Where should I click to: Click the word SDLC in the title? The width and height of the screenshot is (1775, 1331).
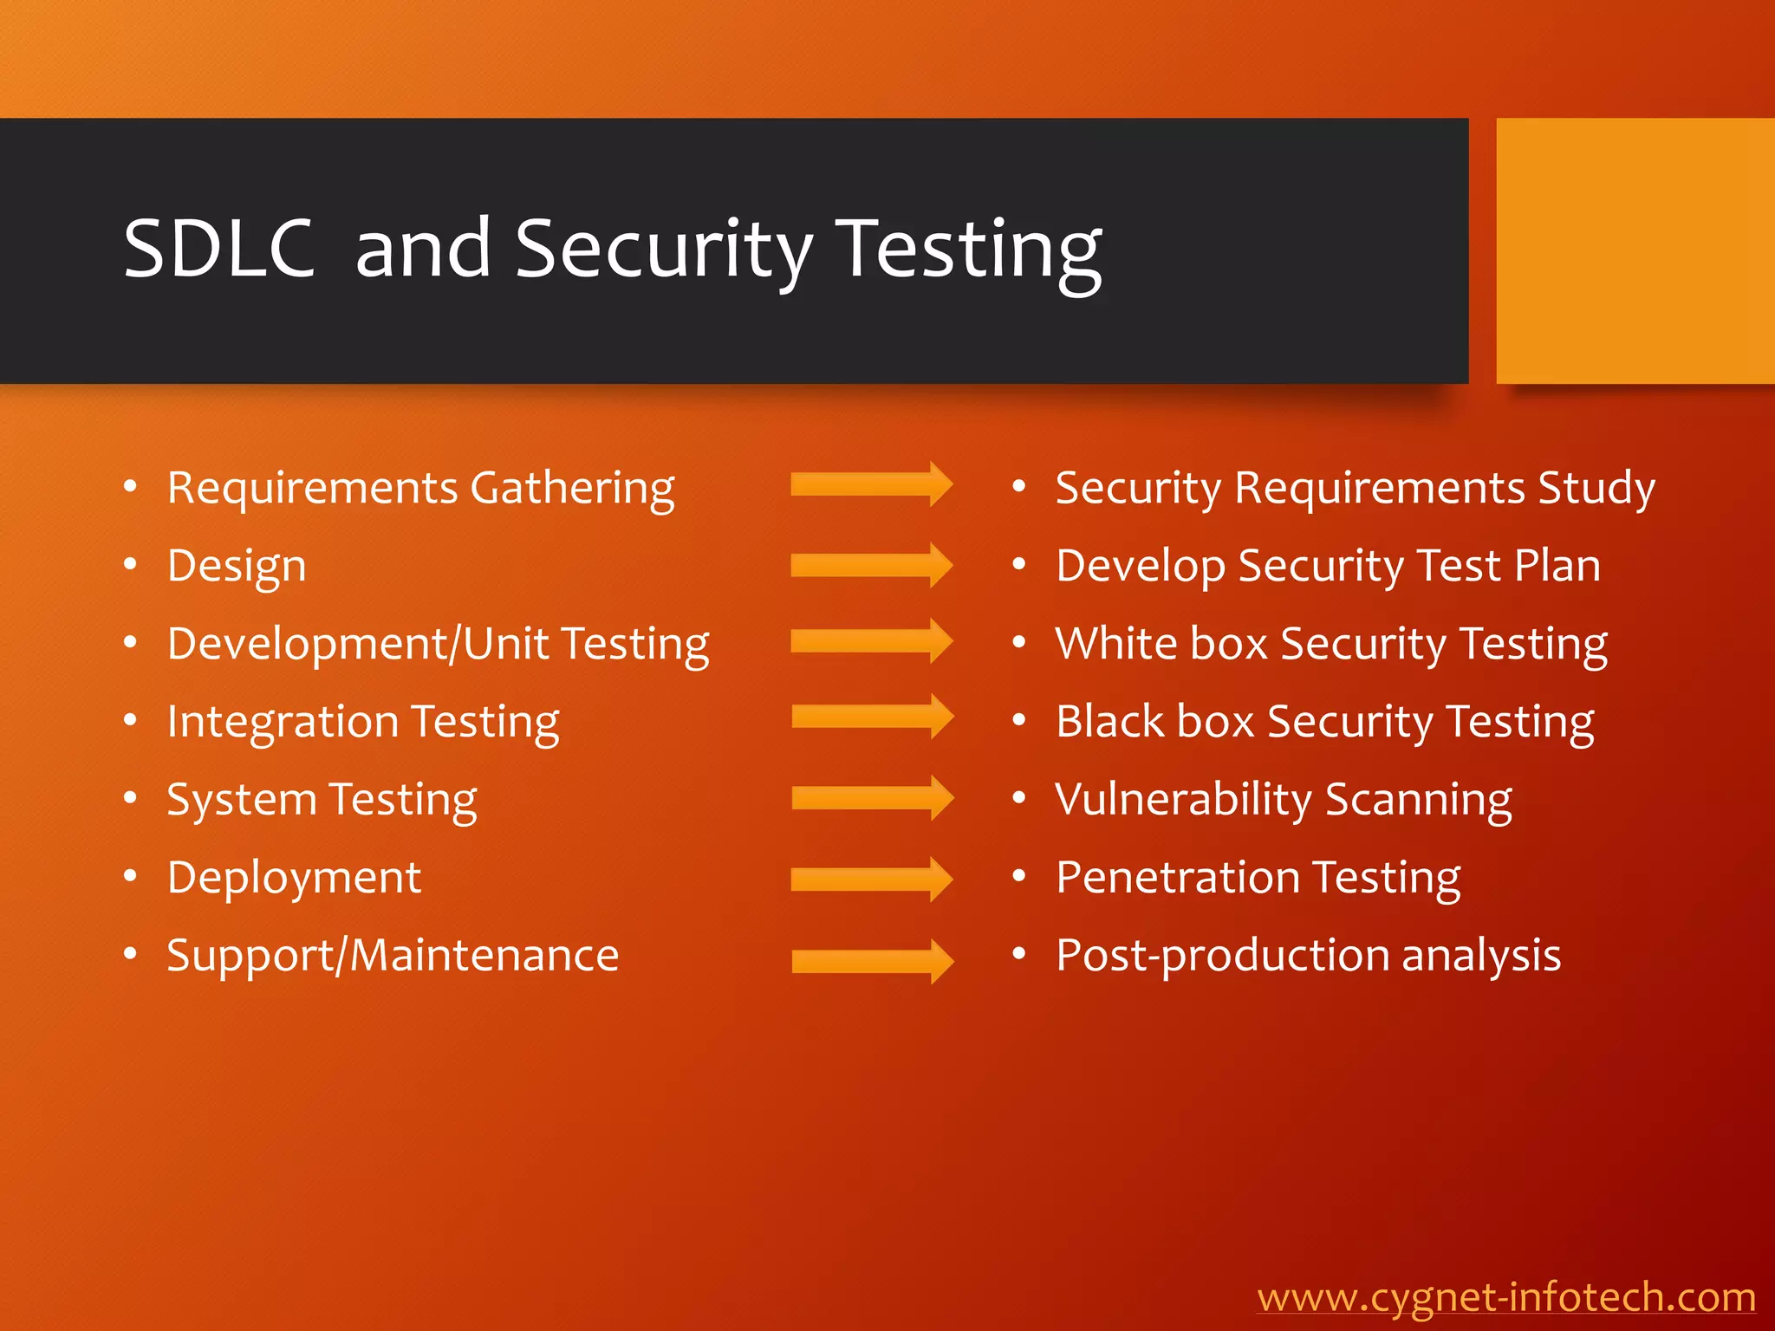[218, 249]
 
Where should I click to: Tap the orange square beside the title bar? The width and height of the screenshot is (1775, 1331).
[1635, 250]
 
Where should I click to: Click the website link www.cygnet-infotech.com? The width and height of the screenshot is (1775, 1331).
[1506, 1297]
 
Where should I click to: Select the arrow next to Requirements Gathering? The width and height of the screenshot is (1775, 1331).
[871, 484]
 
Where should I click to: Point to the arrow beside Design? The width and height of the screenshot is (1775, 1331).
[871, 565]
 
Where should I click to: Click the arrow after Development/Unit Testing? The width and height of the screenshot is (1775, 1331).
[871, 641]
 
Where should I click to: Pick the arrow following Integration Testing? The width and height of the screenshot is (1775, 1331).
[872, 717]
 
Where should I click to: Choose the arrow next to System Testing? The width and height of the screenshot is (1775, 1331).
[872, 798]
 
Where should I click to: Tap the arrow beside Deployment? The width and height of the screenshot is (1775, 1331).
[871, 880]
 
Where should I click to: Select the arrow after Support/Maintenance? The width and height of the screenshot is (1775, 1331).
[872, 961]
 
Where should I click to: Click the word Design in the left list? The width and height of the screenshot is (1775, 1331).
[237, 567]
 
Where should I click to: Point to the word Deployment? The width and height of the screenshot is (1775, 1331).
[294, 879]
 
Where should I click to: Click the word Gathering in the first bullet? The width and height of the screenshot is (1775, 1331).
[572, 489]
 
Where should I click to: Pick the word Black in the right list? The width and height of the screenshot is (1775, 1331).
[1109, 722]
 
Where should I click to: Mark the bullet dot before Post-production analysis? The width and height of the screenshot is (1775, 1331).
[1019, 955]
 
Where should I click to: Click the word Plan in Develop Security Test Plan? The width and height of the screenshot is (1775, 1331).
[1557, 566]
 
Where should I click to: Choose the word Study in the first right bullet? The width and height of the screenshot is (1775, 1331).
[1596, 489]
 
